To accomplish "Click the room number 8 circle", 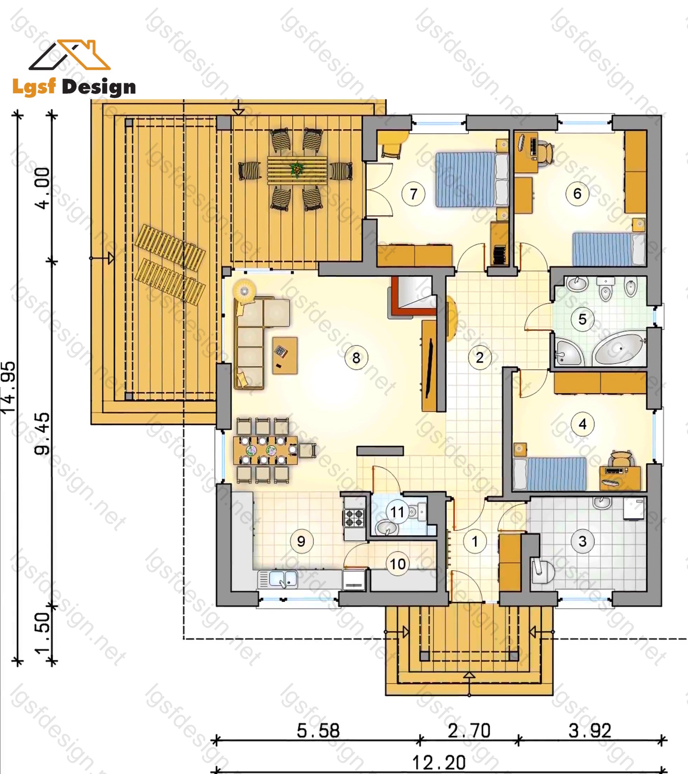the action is coord(356,358).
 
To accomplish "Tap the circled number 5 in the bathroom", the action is coord(582,319).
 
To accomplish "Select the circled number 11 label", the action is coord(397,512).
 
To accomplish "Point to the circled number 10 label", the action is coord(398,564).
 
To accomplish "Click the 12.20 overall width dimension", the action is coord(439,763).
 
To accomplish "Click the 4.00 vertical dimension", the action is coord(42,188).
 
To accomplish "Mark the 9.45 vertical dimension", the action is coord(42,434).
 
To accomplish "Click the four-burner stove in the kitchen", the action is coord(354,518).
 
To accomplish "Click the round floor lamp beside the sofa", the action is coord(244,291).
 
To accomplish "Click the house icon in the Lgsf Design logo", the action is coord(70,55).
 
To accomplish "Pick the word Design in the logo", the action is coord(99,87).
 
